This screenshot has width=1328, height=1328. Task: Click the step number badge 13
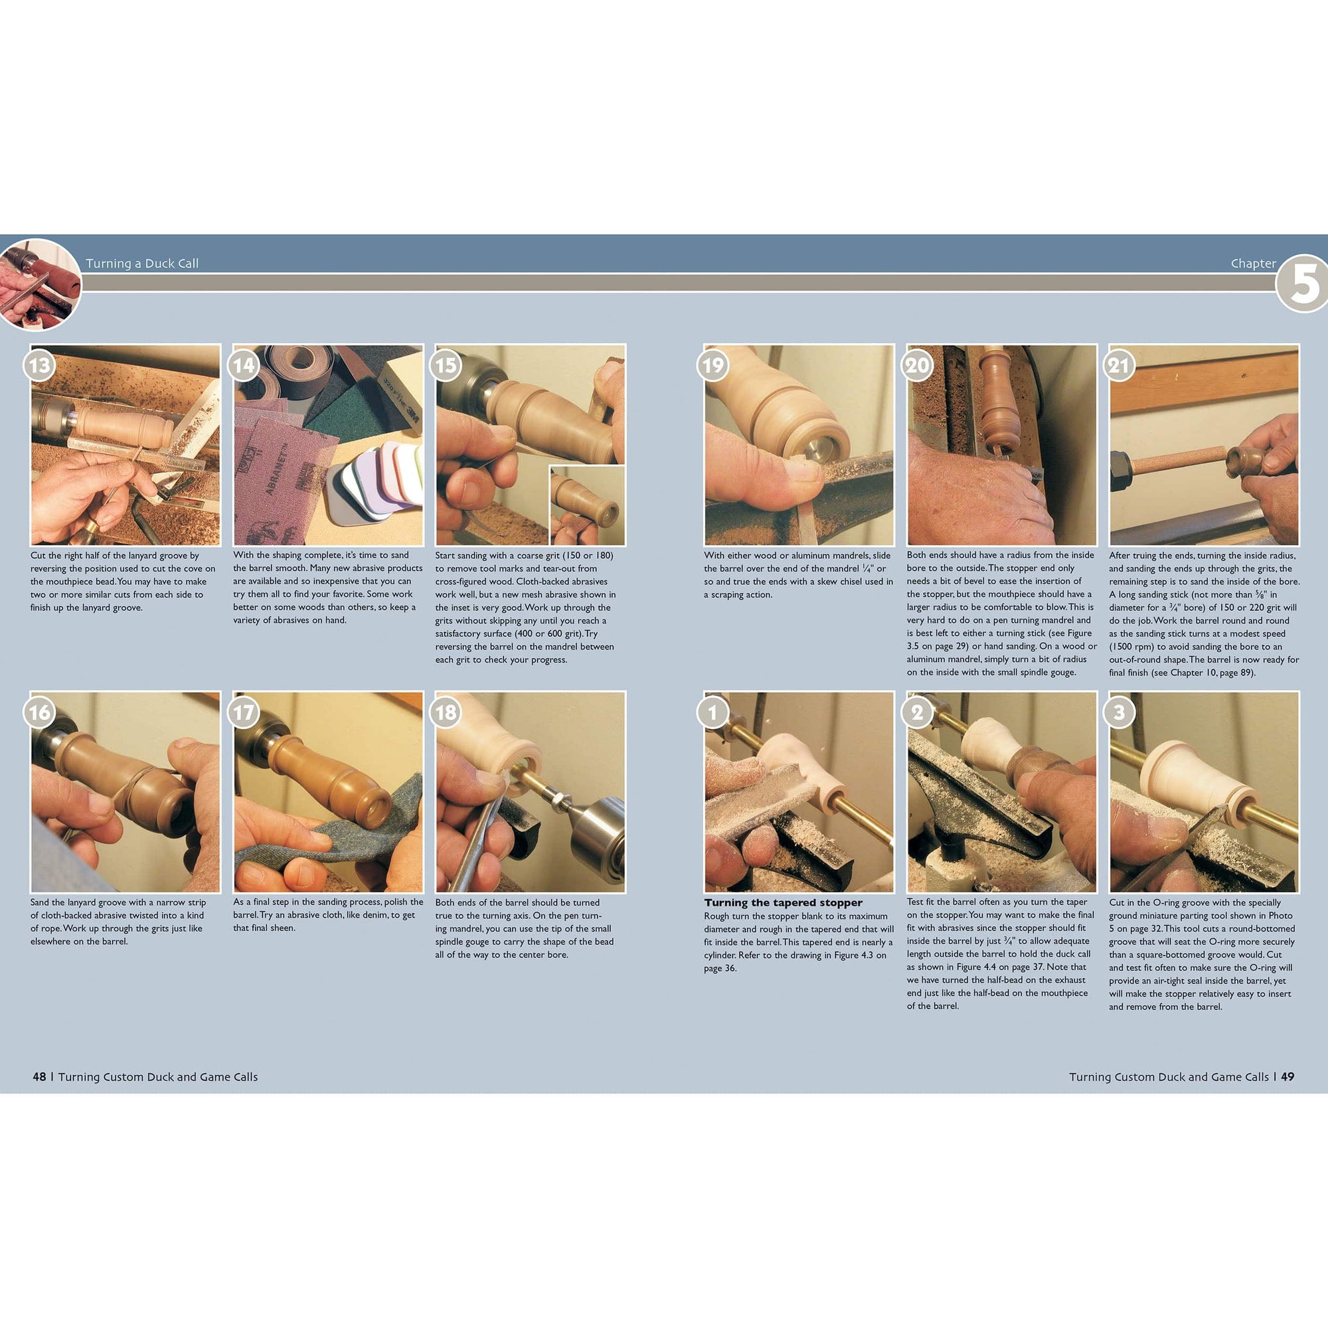tap(40, 365)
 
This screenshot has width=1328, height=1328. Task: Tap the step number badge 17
tap(242, 712)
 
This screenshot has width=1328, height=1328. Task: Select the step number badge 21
tap(1119, 365)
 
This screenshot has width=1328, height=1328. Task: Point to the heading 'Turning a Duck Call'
tap(141, 263)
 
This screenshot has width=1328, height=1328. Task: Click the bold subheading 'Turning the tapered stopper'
tap(783, 902)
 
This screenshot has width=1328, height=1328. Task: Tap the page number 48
tap(39, 1076)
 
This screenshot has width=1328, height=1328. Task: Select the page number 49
tap(1287, 1076)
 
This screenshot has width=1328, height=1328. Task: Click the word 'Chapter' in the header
tap(1253, 263)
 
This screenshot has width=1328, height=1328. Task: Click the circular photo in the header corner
tap(39, 284)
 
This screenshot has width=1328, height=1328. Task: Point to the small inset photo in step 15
tap(587, 505)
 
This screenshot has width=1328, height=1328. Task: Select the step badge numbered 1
tap(712, 712)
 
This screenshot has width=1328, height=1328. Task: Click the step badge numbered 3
tap(1119, 712)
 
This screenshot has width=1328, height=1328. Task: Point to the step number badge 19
tap(712, 365)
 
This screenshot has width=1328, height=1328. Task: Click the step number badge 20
tap(917, 365)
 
